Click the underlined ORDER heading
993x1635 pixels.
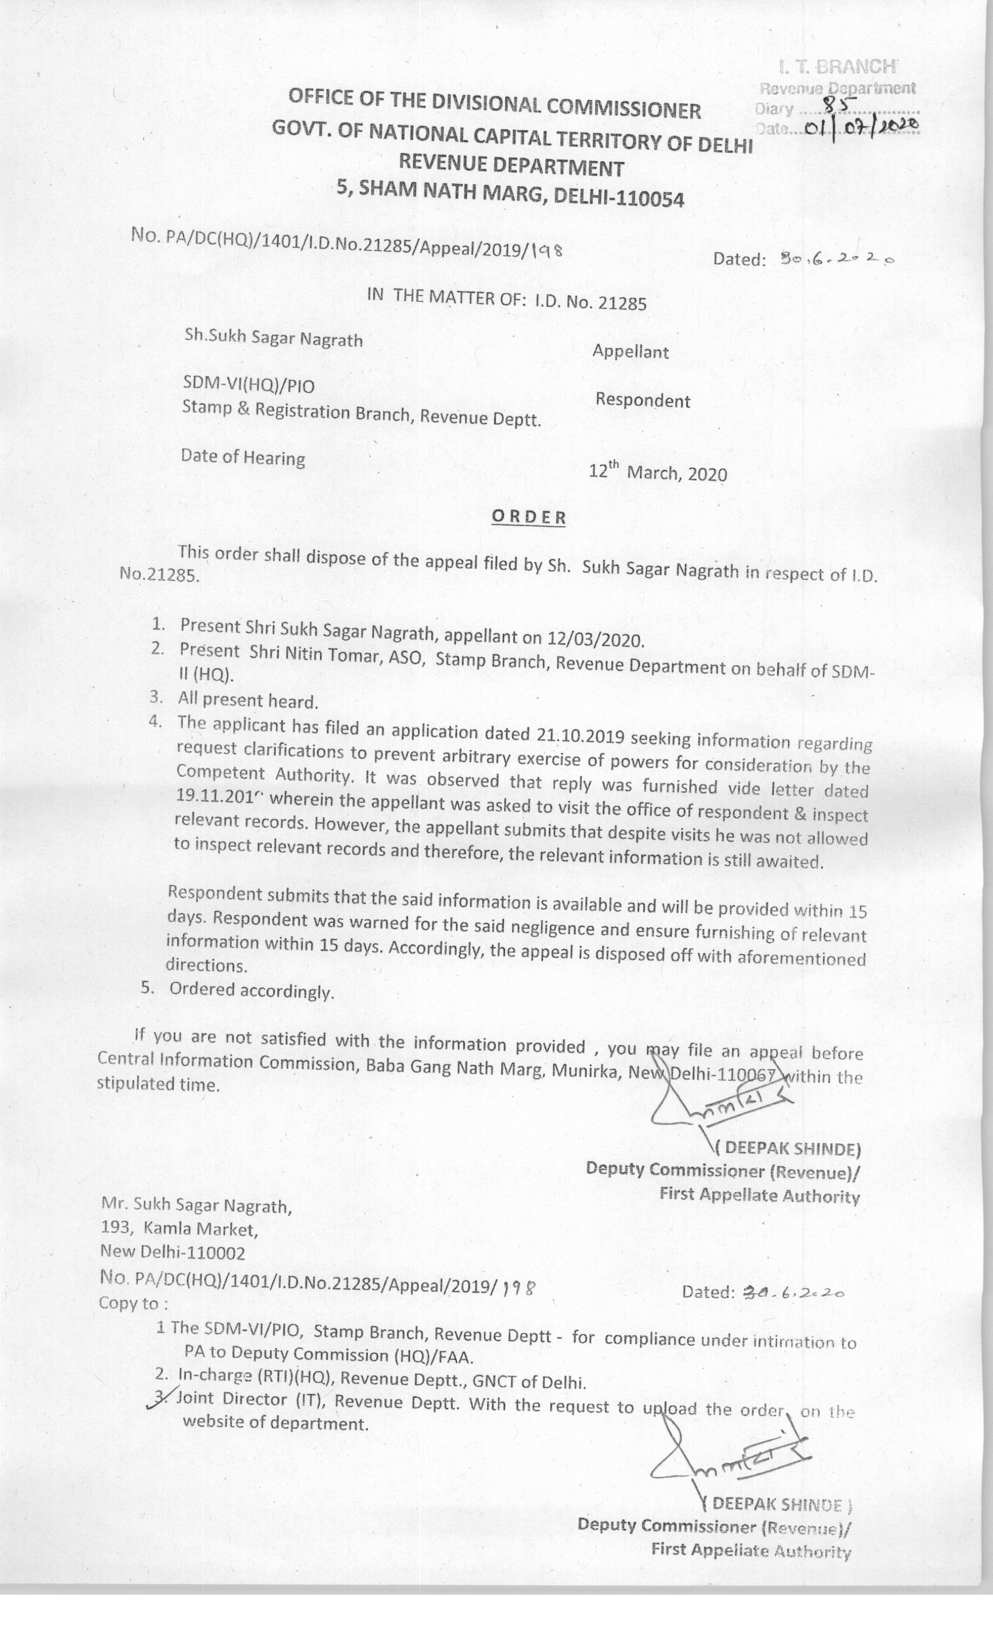click(529, 517)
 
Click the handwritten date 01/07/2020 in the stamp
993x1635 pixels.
click(861, 127)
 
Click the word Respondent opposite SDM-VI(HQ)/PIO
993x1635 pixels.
click(643, 400)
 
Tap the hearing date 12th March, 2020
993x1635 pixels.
click(658, 472)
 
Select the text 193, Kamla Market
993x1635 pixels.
click(179, 1229)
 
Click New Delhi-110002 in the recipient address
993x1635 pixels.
click(172, 1252)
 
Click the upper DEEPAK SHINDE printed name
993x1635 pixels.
click(790, 1149)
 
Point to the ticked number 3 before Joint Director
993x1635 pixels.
click(160, 1397)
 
